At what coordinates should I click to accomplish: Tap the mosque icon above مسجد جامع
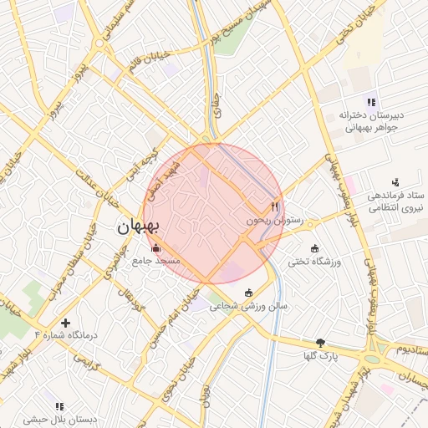155,247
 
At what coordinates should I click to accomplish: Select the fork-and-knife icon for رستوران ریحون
274,206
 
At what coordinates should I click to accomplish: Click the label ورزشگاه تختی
315,262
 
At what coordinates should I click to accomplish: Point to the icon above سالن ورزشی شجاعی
248,292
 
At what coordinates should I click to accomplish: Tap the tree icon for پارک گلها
320,343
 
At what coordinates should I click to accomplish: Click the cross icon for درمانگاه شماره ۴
65,322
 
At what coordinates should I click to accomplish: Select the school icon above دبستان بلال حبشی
59,406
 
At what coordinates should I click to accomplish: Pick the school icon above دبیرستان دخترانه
371,102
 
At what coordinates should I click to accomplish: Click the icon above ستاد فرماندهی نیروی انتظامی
396,182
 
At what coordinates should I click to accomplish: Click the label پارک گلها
320,356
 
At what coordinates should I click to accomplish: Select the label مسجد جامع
155,261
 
